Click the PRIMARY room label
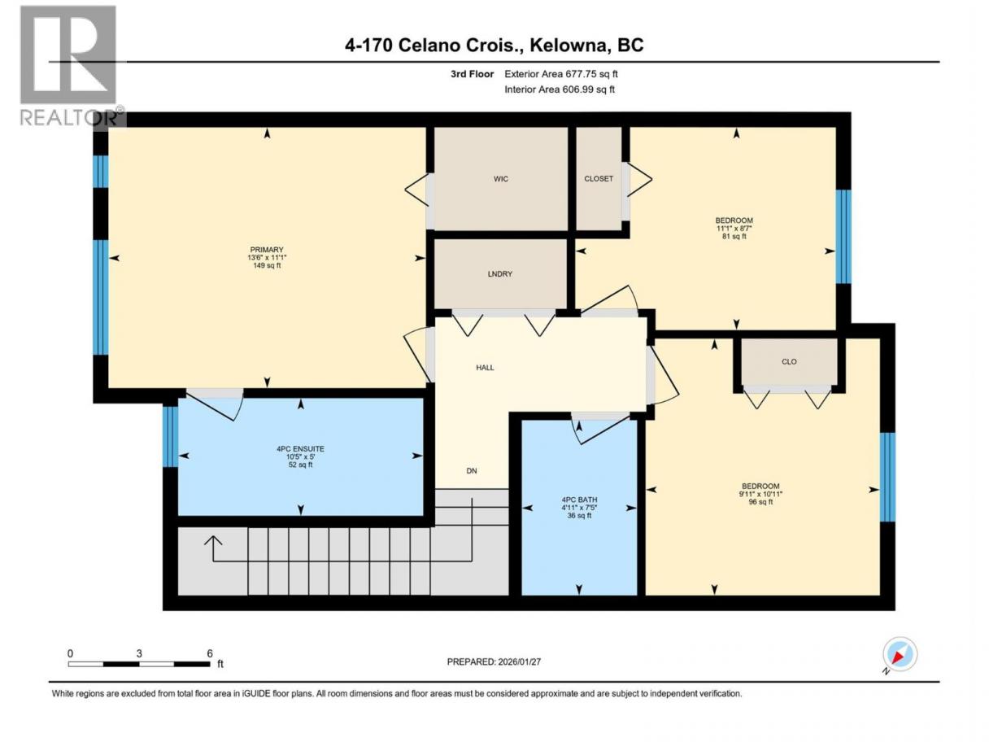tap(267, 250)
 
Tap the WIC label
tap(500, 179)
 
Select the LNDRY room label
tap(499, 274)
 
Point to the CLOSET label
tap(599, 179)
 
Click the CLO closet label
tap(789, 362)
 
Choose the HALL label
tap(485, 368)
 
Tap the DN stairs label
tap(471, 471)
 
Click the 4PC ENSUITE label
tap(300, 449)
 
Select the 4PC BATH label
tap(579, 500)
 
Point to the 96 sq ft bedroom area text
tap(760, 502)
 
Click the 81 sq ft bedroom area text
tap(734, 236)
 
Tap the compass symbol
tap(900, 655)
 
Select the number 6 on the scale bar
tap(210, 653)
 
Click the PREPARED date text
tap(494, 661)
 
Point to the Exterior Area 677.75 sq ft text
tap(561, 74)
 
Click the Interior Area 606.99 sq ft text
tap(559, 89)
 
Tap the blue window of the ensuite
tap(170, 437)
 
